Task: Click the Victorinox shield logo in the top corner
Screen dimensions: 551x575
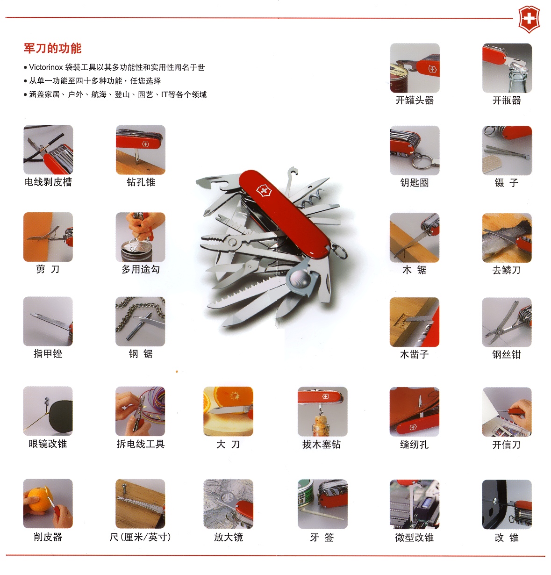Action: (x=529, y=19)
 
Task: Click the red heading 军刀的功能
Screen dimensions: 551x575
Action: (x=53, y=48)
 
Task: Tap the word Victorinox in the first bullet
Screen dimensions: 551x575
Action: (x=46, y=67)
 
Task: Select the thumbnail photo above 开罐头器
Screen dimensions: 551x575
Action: (x=415, y=68)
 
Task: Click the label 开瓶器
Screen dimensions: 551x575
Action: (x=507, y=100)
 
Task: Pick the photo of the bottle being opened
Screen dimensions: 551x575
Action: (x=507, y=68)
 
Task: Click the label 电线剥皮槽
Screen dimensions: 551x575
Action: (x=48, y=182)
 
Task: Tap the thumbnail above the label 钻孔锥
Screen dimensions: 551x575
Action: (x=141, y=150)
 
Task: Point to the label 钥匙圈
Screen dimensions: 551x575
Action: (x=415, y=183)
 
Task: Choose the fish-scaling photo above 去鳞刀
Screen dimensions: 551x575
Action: (x=507, y=238)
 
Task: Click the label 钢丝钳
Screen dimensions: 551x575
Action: (x=507, y=354)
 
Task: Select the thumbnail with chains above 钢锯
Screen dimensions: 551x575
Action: (x=140, y=321)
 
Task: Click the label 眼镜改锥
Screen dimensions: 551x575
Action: (x=48, y=444)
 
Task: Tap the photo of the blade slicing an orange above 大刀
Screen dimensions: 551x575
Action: (x=228, y=411)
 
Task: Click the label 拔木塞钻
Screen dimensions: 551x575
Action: (x=322, y=444)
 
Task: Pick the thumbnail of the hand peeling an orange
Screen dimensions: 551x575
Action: (x=48, y=503)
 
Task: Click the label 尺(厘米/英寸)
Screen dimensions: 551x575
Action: (x=140, y=537)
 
